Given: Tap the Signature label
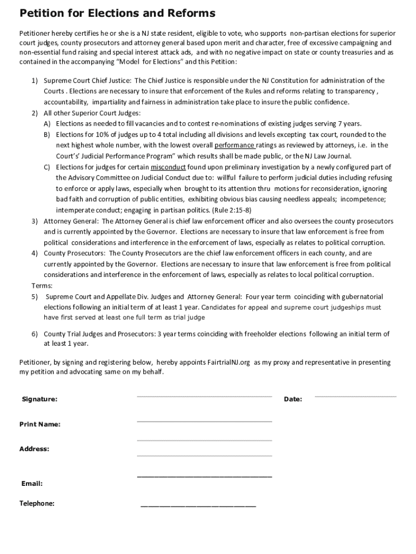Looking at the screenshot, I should [39, 399].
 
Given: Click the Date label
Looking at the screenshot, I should [293, 399].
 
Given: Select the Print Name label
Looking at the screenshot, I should [40, 424].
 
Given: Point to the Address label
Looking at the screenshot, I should [34, 449].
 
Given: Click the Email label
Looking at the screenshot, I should [32, 484].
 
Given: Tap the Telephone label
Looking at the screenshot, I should [37, 504].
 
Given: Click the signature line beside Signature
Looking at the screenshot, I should [204, 397].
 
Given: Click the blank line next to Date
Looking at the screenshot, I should [355, 397].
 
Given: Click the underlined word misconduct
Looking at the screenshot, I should [168, 167].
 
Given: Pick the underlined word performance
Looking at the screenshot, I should [234, 146].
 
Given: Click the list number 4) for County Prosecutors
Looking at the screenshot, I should [34, 253].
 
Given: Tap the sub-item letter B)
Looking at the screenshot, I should [47, 135].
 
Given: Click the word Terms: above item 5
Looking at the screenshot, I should [43, 286].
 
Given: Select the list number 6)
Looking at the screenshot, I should [34, 334].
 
